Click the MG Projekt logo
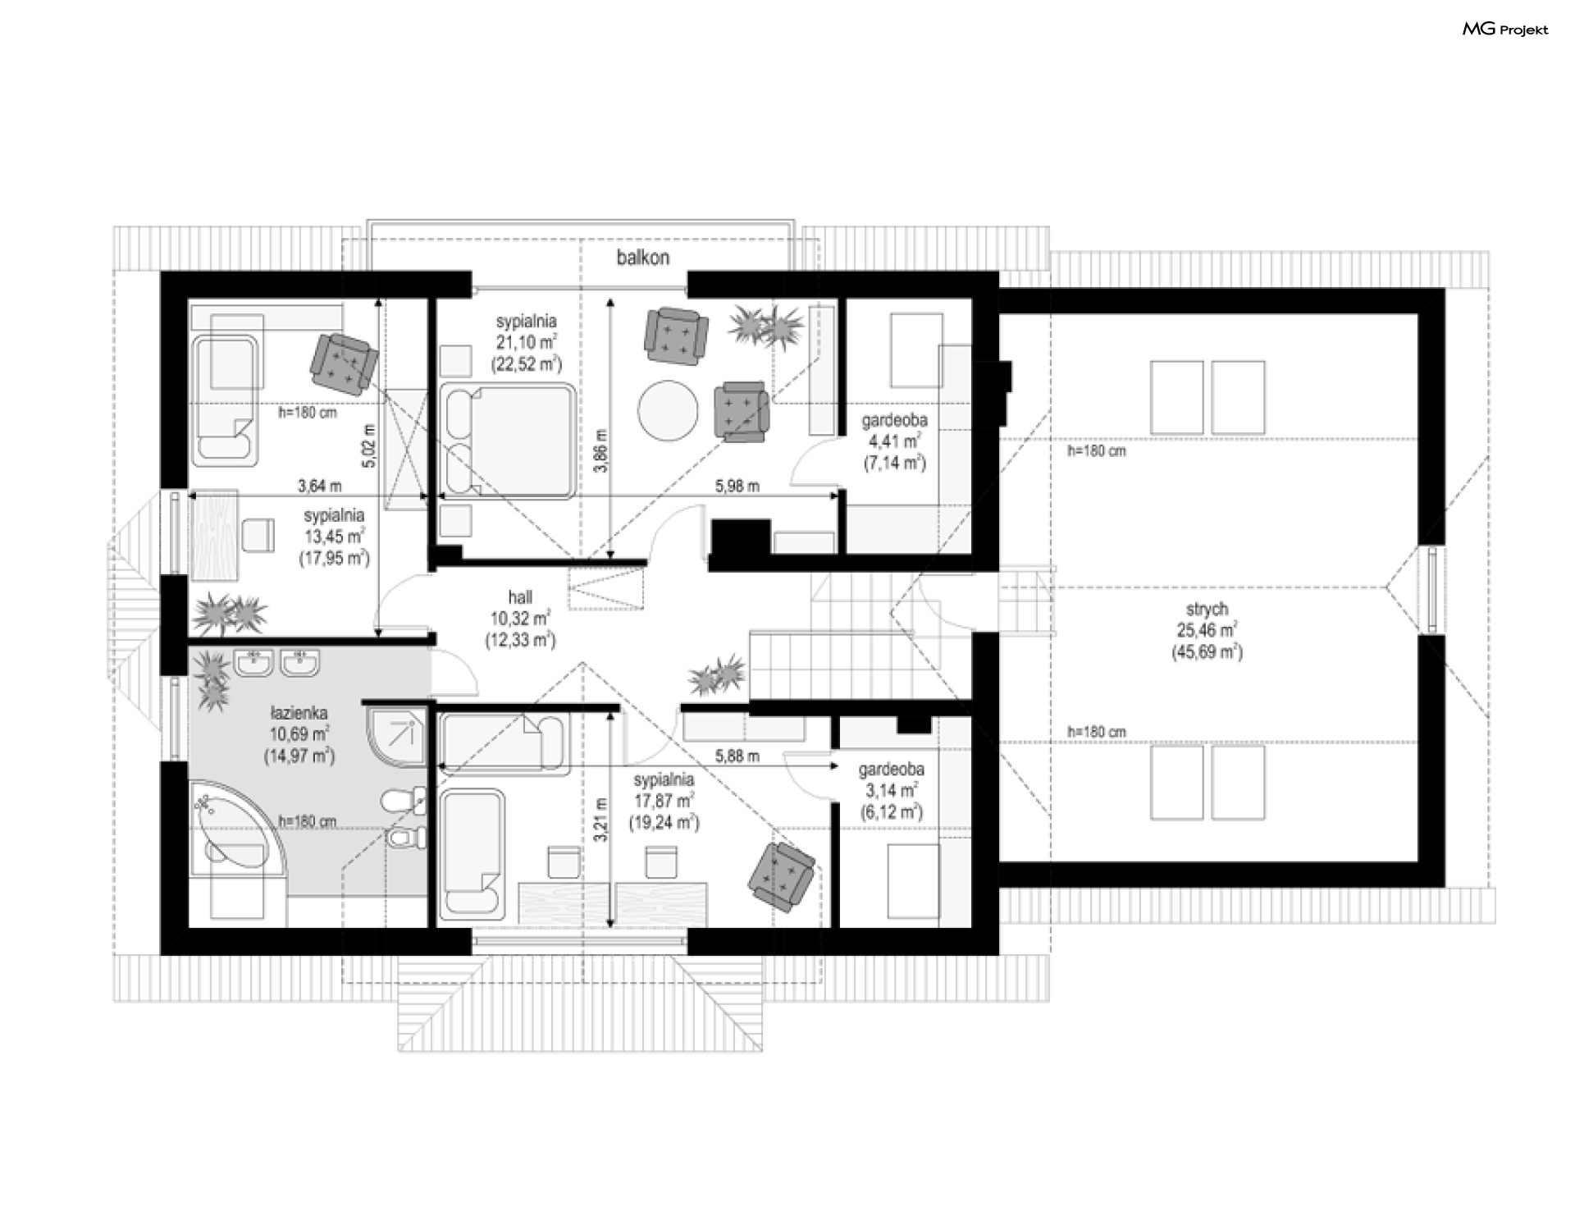coord(1505,30)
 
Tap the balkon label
coord(643,258)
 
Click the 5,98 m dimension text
coord(737,486)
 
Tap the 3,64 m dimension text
coord(319,486)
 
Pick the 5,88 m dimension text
coord(737,756)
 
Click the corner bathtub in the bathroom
coord(231,824)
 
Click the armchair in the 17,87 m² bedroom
coord(782,876)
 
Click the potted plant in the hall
coord(719,675)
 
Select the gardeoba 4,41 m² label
coord(894,441)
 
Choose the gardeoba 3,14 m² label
coord(891,791)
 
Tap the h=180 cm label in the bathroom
coord(307,820)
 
